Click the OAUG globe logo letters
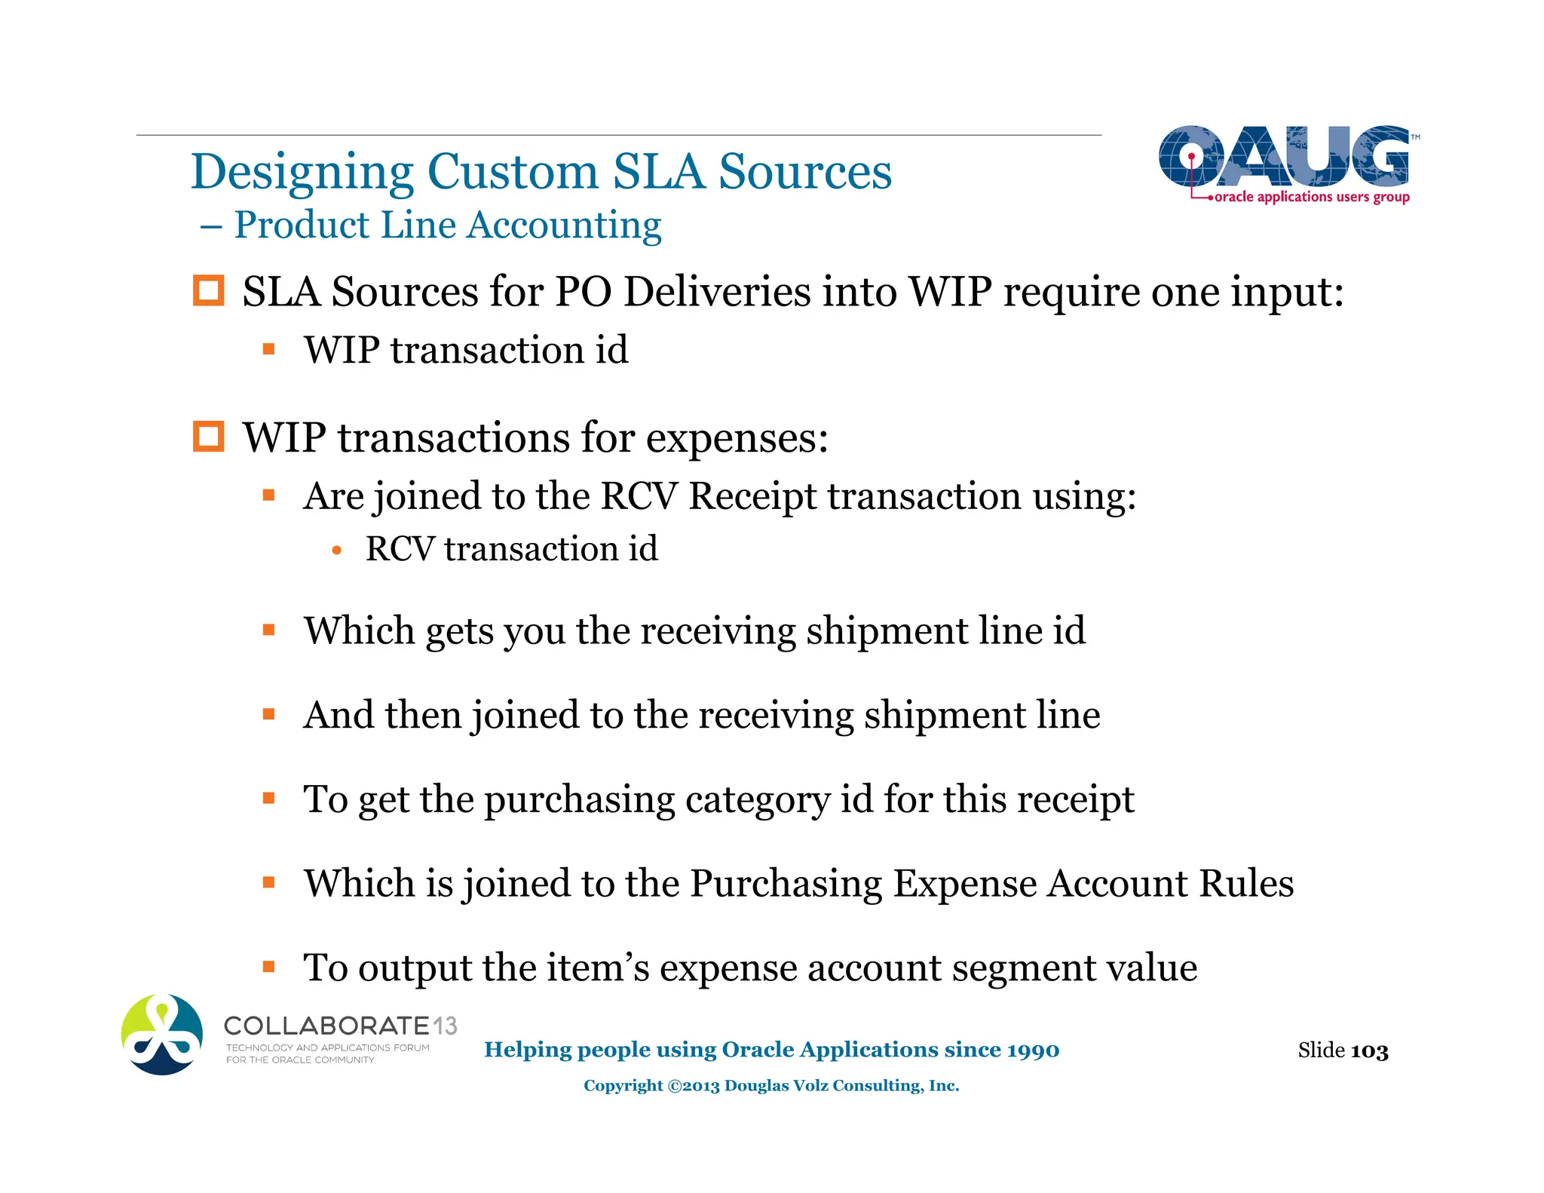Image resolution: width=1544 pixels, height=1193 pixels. point(1283,156)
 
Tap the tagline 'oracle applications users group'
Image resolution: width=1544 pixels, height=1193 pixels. point(1311,197)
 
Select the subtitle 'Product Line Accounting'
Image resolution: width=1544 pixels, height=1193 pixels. point(447,225)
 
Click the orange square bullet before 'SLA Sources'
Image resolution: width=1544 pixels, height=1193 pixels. point(209,291)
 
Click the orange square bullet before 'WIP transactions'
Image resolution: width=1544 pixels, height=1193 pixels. point(209,437)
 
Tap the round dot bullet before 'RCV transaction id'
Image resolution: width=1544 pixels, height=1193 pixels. point(337,551)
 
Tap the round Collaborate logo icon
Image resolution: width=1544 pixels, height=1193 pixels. point(162,1034)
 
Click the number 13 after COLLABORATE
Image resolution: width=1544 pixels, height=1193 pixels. point(445,1026)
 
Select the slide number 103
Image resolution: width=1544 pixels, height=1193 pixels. point(1369,1051)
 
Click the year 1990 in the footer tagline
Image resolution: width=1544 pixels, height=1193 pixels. point(1033,1050)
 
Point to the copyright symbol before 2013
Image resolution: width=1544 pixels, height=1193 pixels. point(674,1086)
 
